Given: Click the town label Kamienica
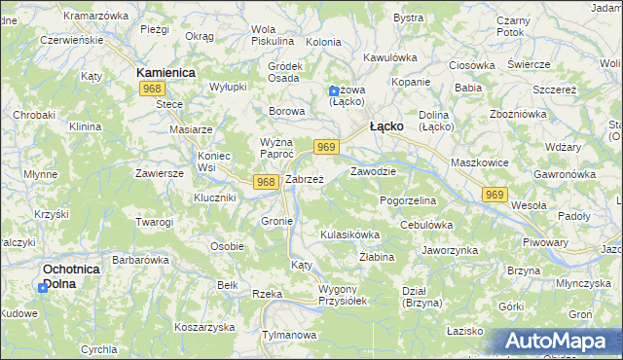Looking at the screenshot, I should tap(166, 73).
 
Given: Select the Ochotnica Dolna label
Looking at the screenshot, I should tap(73, 275).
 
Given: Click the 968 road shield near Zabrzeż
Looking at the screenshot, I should tap(266, 182).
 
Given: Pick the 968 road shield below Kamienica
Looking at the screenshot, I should tap(151, 90).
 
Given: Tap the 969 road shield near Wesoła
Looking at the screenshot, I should tap(495, 196).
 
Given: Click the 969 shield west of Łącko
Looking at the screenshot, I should tap(327, 147).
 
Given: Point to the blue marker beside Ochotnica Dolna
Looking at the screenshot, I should tap(43, 288).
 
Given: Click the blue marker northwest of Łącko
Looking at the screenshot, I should tap(334, 91).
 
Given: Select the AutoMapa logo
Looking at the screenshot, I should tap(557, 342).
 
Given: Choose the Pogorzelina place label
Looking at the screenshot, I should tap(408, 199).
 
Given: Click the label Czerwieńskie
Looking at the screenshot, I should tap(70, 42).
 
